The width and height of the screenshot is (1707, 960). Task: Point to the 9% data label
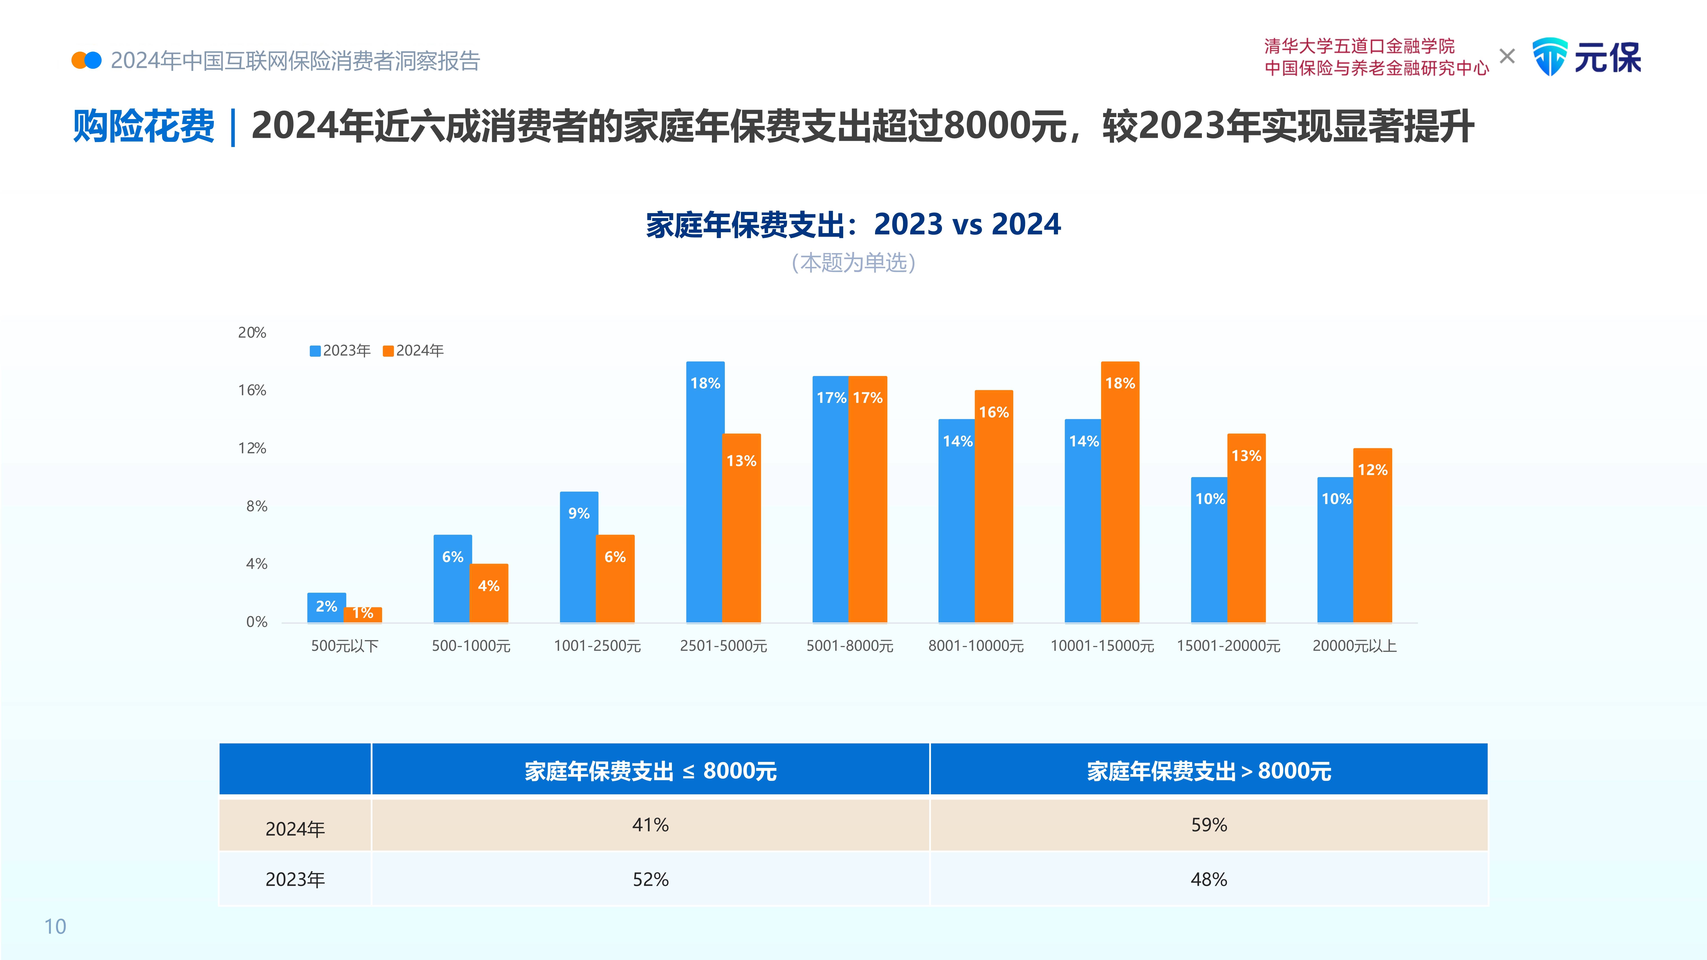[579, 514]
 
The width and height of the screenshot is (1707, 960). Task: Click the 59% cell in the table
[1209, 825]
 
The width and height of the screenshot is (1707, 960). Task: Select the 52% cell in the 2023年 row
[650, 879]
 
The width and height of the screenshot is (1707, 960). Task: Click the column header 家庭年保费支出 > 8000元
[1209, 770]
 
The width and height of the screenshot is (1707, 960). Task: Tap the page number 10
[55, 926]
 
